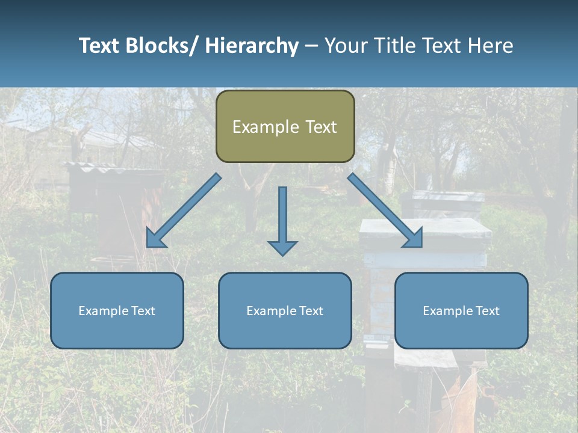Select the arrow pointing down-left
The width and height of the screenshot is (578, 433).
click(x=183, y=211)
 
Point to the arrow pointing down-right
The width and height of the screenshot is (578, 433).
click(x=385, y=210)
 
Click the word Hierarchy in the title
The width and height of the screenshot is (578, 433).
click(x=252, y=46)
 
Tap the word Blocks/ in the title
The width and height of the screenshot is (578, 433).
click(x=163, y=46)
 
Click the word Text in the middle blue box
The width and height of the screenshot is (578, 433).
click(x=310, y=311)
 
